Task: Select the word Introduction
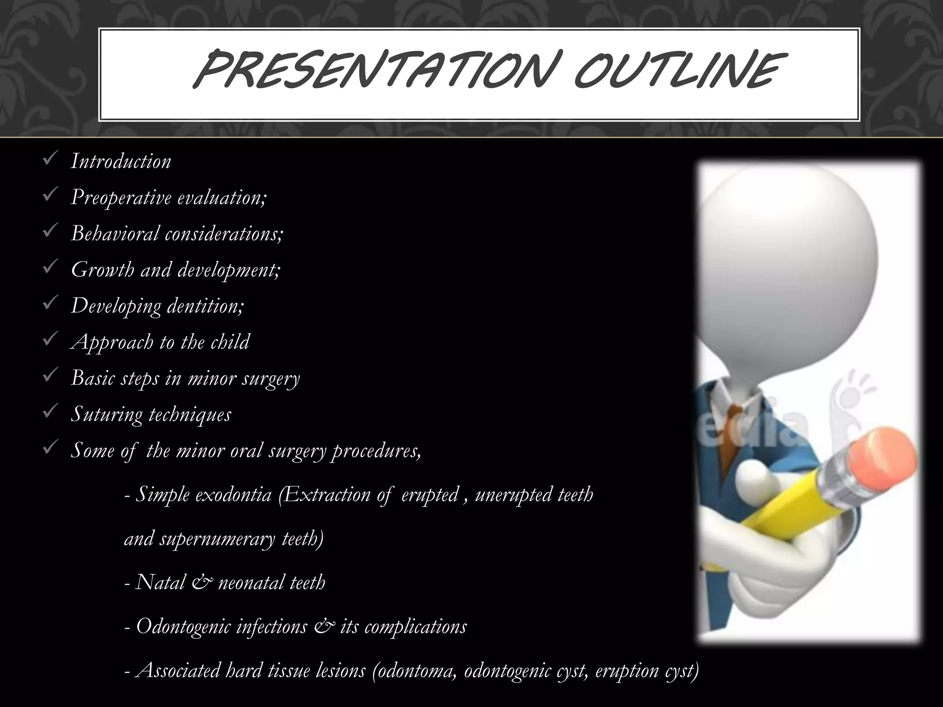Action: (x=121, y=162)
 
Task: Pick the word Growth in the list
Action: (x=102, y=270)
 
